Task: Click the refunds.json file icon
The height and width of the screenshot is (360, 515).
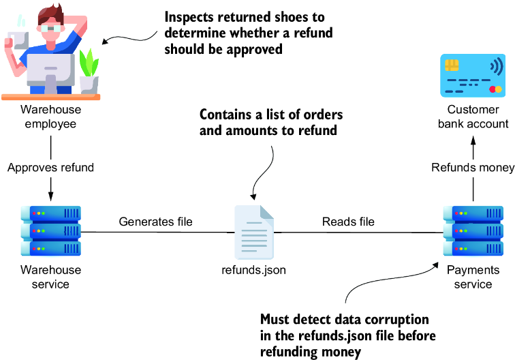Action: point(254,232)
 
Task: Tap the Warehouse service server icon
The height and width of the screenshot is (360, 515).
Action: point(51,230)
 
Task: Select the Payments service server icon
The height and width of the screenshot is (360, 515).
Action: point(473,230)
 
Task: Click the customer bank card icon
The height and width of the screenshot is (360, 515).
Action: point(473,76)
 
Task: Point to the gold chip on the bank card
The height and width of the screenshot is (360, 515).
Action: point(452,65)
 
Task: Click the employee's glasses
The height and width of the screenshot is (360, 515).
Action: point(50,29)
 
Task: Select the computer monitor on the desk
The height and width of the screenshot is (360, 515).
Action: point(51,70)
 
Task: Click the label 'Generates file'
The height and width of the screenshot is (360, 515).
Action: point(156,222)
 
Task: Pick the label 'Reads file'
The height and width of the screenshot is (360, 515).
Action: point(348,222)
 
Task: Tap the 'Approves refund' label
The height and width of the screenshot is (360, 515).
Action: point(50,167)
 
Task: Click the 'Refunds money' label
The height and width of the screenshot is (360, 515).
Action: point(473,167)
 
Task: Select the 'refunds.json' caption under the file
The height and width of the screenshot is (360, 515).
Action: point(253,270)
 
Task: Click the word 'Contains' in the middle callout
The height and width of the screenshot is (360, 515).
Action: point(225,115)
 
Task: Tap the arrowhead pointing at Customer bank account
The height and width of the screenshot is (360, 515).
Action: point(473,140)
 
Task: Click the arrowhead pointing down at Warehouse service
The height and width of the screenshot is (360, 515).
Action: point(50,196)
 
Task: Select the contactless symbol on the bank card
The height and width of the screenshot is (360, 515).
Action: point(497,66)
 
